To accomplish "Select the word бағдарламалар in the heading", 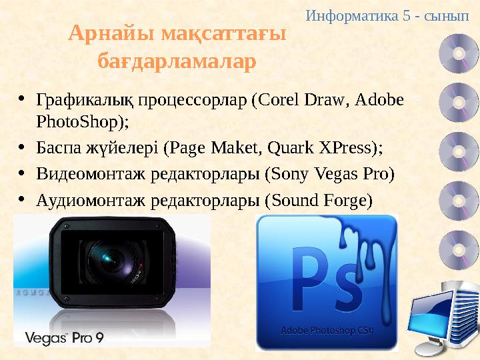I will click(177, 62).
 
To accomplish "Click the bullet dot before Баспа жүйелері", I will click(22, 148).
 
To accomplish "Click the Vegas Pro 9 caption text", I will click(64, 338).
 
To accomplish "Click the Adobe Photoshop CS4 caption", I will click(327, 330).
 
